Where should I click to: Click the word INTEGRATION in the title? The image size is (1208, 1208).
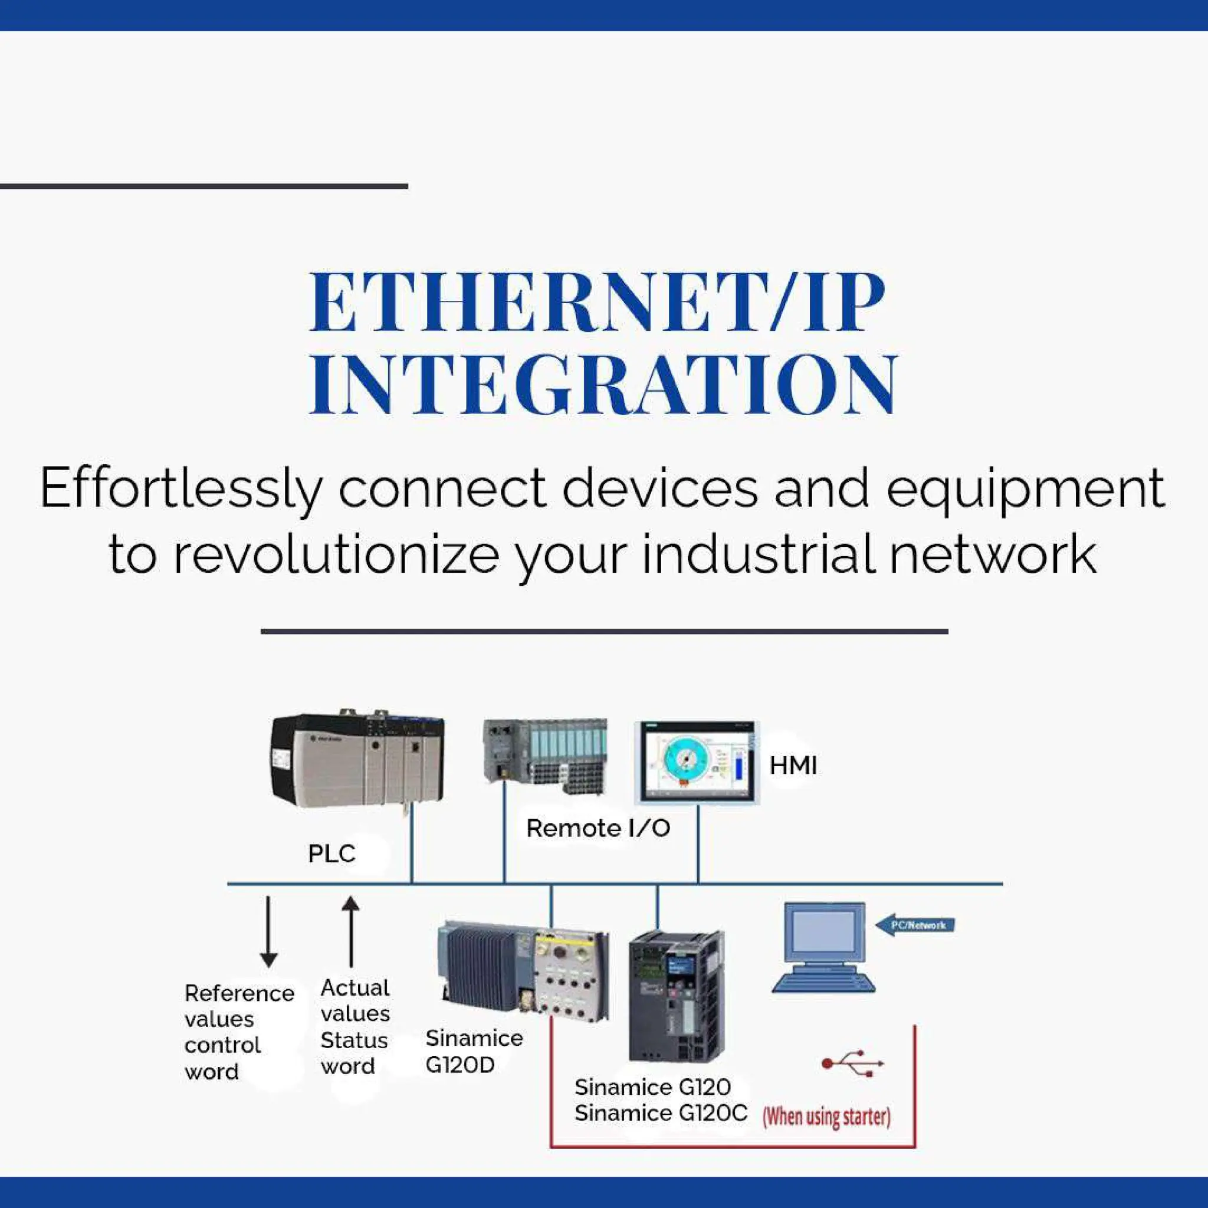coord(603,385)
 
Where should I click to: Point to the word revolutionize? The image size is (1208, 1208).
coord(335,554)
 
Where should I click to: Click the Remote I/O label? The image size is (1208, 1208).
coord(598,828)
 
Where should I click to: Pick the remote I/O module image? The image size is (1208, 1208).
coord(545,756)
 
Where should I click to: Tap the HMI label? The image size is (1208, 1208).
coord(793,765)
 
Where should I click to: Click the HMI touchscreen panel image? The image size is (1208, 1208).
coord(697,761)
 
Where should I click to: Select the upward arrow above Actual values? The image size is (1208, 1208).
coord(351,931)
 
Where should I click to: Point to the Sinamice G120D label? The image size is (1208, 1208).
coord(473,1051)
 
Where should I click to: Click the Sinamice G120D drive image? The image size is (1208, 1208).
coord(523,971)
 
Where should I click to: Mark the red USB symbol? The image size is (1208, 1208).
coord(852,1063)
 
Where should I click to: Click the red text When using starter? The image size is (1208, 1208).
coord(826,1116)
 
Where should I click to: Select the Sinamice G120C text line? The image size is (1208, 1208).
coord(660,1113)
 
